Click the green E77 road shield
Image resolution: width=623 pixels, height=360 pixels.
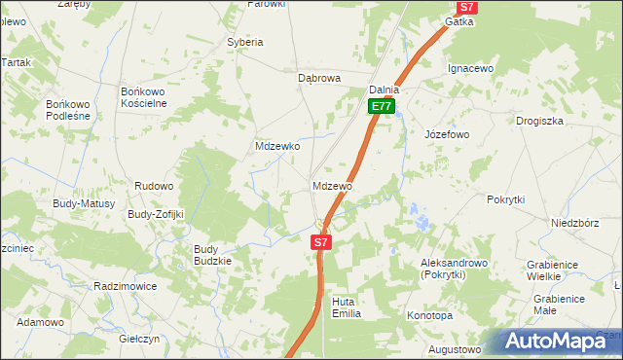[382, 107]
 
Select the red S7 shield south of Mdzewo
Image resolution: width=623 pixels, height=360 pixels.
[322, 241]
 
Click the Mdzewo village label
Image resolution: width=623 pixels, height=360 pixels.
[333, 185]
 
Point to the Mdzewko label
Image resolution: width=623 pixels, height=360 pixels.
[276, 146]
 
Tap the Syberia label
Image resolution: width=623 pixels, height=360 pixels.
[245, 43]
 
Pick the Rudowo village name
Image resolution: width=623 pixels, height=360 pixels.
[154, 186]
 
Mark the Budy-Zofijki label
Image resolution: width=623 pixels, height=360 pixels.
[156, 214]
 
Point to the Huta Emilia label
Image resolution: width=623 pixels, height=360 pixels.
[347, 307]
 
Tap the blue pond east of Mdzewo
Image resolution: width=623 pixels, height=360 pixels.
[421, 218]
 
